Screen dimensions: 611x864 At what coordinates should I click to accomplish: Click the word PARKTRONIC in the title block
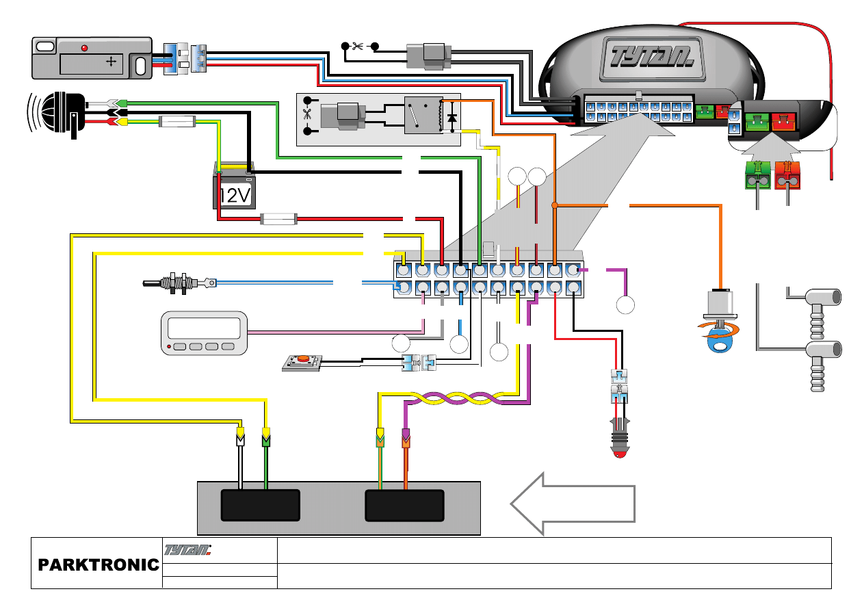(98, 565)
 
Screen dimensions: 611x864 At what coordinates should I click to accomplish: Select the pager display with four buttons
(204, 333)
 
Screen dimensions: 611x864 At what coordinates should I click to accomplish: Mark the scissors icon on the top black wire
(357, 47)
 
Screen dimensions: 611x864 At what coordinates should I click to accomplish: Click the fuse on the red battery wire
(278, 220)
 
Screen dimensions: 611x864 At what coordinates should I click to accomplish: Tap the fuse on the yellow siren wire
(177, 122)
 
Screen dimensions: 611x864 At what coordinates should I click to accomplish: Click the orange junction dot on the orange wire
(555, 205)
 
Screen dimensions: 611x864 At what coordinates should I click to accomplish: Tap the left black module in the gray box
(261, 505)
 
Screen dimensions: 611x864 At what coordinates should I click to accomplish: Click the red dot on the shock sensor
(84, 48)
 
